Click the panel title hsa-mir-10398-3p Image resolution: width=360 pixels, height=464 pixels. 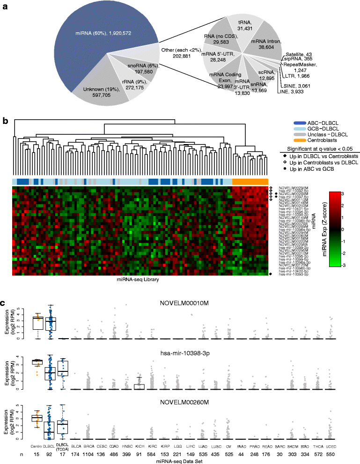[181, 354]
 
